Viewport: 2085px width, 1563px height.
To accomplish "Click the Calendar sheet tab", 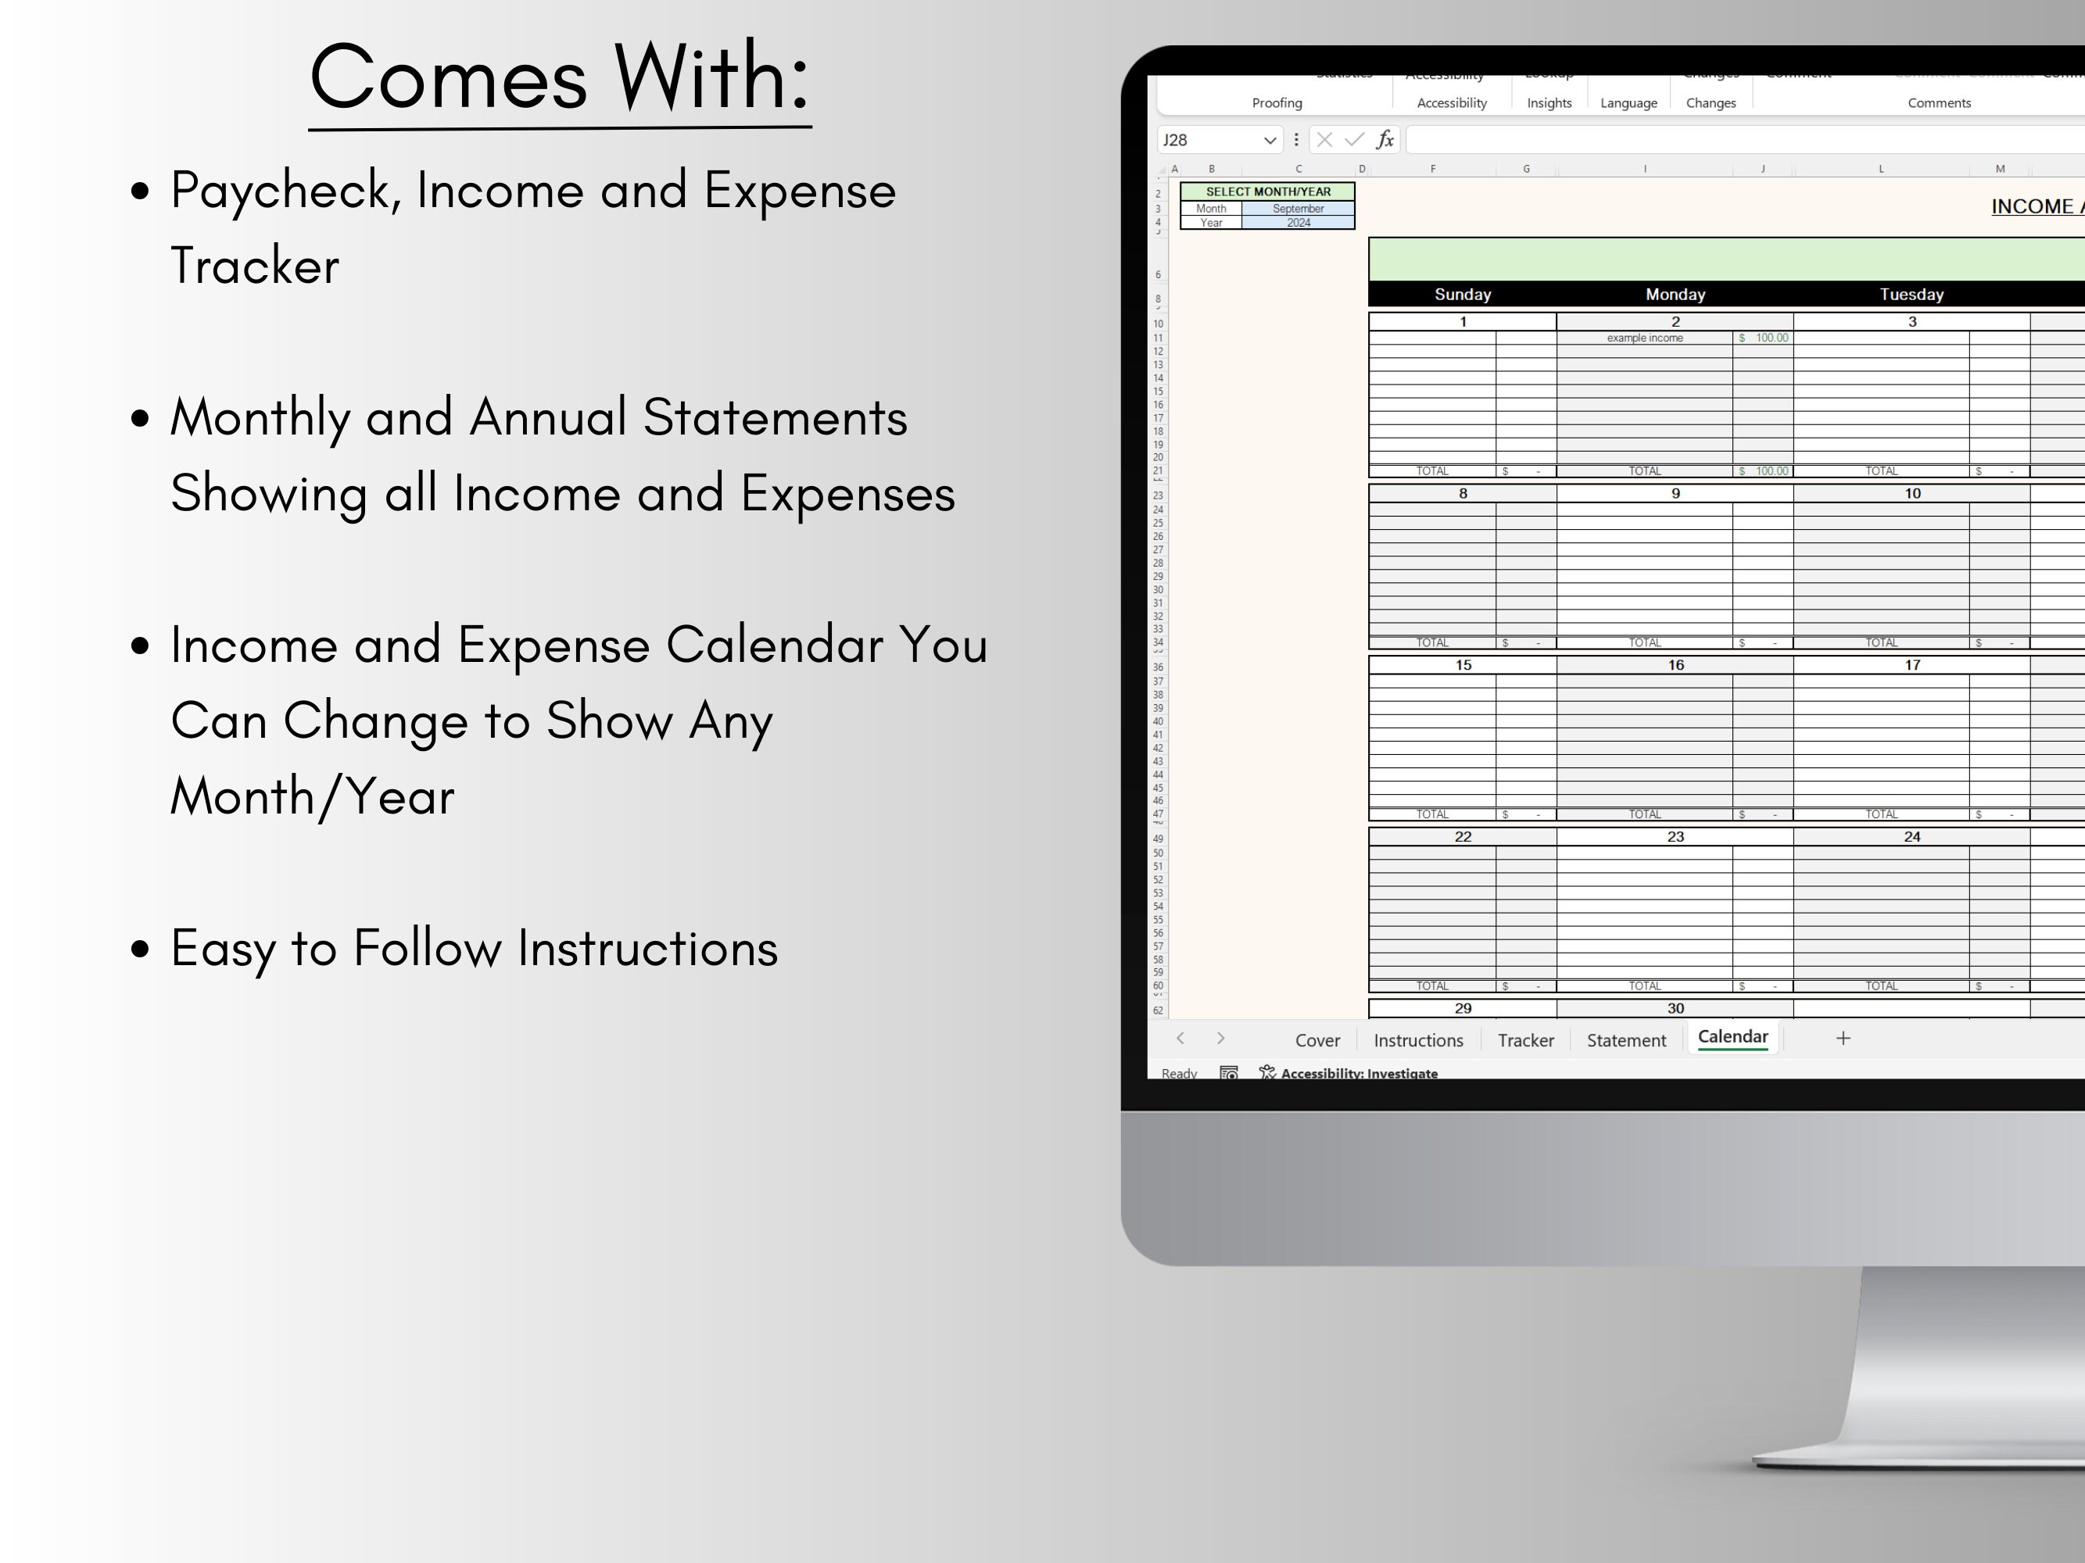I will pos(1732,1037).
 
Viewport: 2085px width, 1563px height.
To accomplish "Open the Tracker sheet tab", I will pos(1525,1040).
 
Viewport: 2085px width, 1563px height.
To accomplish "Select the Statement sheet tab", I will pos(1626,1040).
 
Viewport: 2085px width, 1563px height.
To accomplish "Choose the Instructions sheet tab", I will pos(1417,1040).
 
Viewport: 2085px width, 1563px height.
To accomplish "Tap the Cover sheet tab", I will pos(1317,1040).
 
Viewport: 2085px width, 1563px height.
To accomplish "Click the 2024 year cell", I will pos(1298,224).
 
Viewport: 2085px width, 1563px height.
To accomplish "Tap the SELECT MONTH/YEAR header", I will pos(1268,191).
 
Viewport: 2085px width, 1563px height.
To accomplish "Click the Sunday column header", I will pos(1462,295).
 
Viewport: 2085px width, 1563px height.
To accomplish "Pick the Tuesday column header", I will pos(1911,295).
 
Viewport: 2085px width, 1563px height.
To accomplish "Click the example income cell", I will pos(1644,338).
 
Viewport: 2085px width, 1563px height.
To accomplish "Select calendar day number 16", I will pos(1675,665).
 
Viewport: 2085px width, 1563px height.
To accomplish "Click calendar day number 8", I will pos(1462,494).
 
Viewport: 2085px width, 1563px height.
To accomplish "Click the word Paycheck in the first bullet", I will pos(285,191).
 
